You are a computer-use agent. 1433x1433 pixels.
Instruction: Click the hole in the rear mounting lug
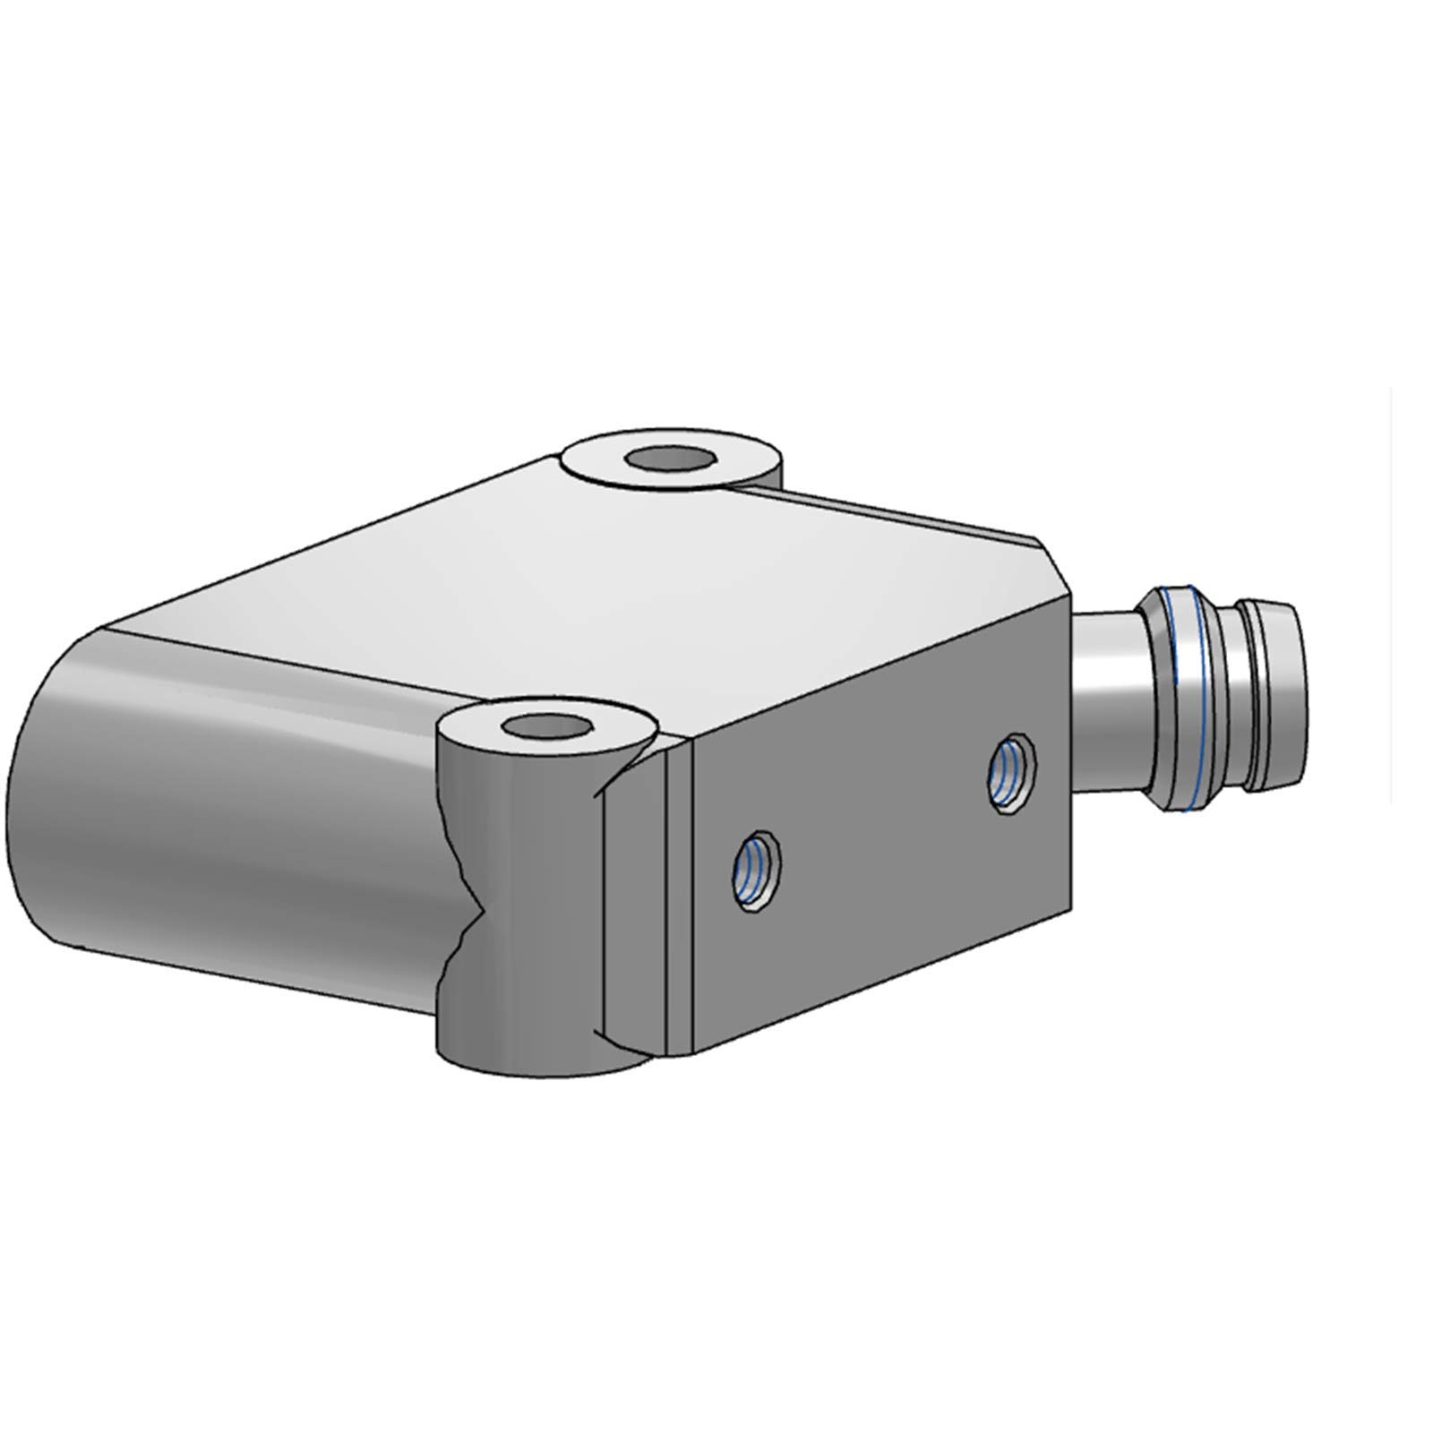672,459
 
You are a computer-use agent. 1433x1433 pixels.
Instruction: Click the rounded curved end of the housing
134,806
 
